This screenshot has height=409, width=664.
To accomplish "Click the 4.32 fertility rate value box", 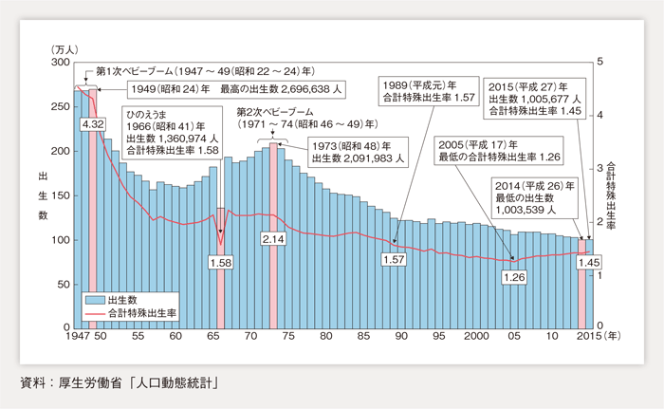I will [x=93, y=124].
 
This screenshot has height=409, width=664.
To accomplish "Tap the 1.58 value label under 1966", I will [x=221, y=262].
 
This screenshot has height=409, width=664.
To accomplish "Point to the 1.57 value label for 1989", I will [x=392, y=259].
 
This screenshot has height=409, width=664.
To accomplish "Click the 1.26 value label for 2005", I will [x=514, y=277].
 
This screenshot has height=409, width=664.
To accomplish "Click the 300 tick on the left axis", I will [x=60, y=62].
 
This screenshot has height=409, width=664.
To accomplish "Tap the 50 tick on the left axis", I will [x=63, y=284].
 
